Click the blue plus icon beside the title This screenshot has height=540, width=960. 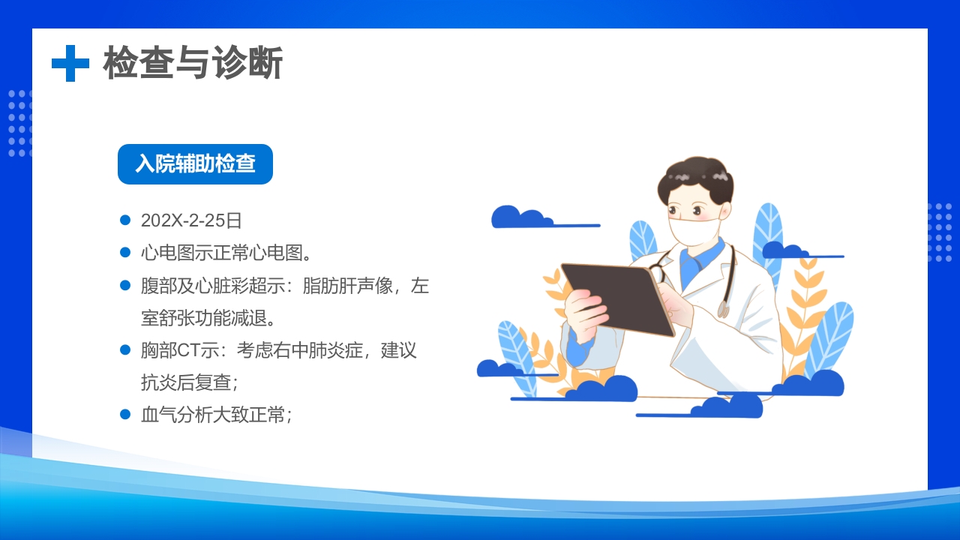click(70, 63)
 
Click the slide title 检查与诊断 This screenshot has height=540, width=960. click(193, 63)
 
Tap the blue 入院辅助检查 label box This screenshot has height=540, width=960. click(195, 164)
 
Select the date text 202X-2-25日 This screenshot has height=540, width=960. click(191, 220)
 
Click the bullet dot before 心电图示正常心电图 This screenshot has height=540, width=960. click(126, 253)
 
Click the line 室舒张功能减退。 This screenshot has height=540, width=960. click(208, 318)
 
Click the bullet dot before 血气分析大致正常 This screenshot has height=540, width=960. click(126, 414)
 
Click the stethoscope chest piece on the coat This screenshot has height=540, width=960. click(723, 308)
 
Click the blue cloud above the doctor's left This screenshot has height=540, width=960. click(521, 217)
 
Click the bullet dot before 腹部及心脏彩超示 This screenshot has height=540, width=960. click(126, 285)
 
